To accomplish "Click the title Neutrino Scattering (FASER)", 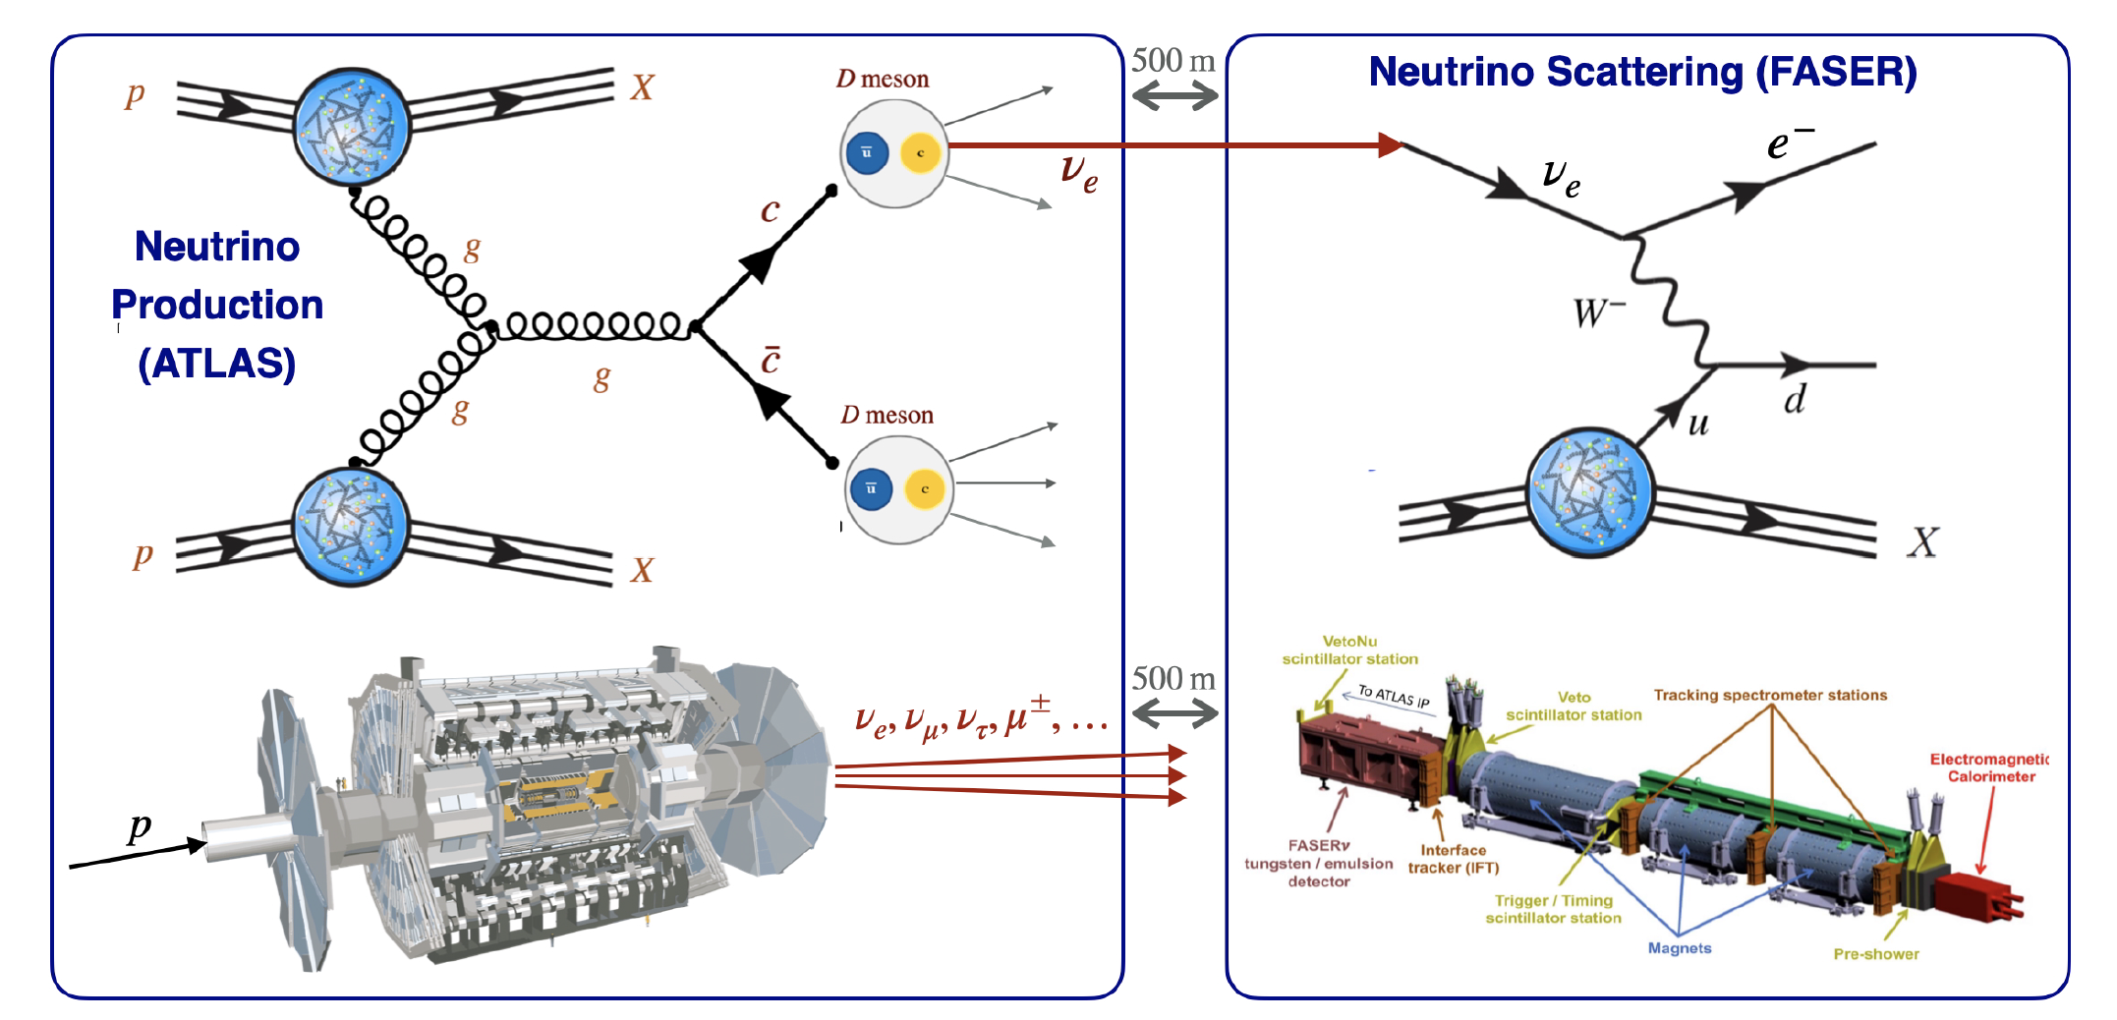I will [x=1642, y=72].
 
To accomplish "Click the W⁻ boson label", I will [x=1598, y=313].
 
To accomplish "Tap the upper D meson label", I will [x=883, y=79].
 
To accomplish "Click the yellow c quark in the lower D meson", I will [x=924, y=488].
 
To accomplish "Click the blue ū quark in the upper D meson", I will [x=867, y=153].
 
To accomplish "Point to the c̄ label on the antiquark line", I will [x=771, y=360].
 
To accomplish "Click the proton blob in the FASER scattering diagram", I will [x=1589, y=492].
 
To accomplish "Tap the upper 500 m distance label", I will [x=1173, y=61].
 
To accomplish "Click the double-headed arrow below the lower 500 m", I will [x=1175, y=714].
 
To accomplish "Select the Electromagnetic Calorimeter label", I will [x=1989, y=767].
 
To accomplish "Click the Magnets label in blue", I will [x=1679, y=948].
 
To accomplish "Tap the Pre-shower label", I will [x=1875, y=954].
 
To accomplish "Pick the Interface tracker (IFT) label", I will [x=1453, y=859].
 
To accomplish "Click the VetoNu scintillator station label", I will [x=1349, y=650].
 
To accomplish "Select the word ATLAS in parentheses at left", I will [x=217, y=364].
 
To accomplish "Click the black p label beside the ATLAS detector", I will [x=140, y=826].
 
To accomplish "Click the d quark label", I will [x=1795, y=400].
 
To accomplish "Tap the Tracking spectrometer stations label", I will [x=1770, y=695].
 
